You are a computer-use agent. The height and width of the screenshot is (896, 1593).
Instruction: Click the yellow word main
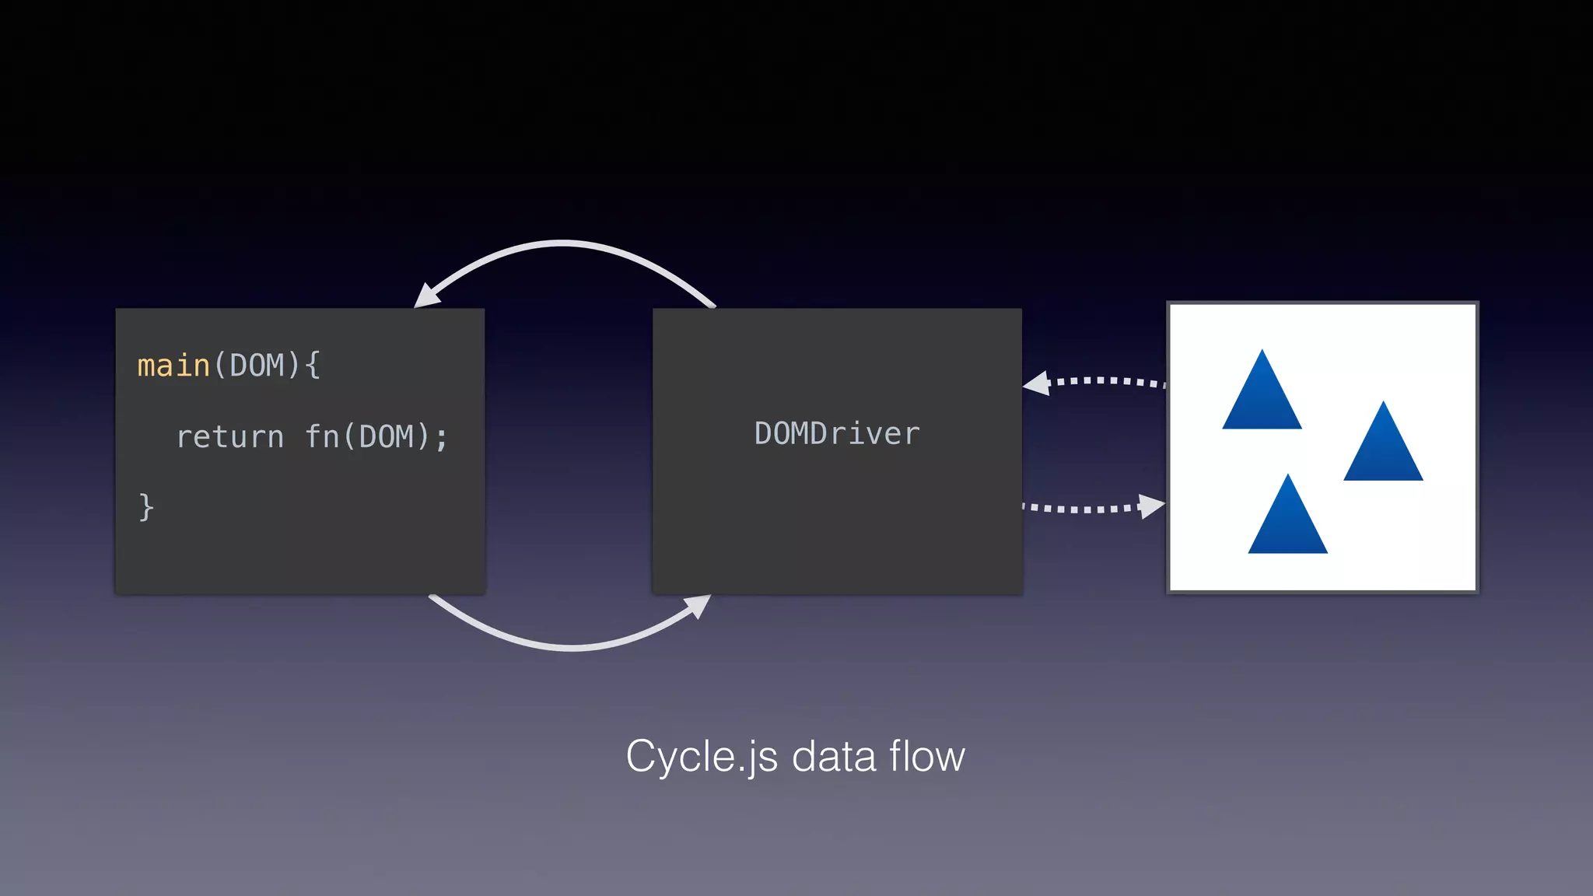click(173, 366)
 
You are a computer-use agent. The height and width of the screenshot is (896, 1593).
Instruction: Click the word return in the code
click(230, 437)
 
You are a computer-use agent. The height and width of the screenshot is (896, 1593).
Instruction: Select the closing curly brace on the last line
click(145, 507)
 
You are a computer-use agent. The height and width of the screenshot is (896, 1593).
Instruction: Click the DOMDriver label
click(837, 434)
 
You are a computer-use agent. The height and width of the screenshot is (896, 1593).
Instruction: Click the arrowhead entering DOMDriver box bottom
click(699, 604)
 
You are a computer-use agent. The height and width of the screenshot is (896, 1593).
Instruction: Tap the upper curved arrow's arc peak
click(563, 244)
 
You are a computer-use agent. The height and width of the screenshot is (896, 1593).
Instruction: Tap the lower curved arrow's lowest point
click(572, 647)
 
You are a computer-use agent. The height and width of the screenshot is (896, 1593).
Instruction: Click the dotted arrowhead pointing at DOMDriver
click(1038, 383)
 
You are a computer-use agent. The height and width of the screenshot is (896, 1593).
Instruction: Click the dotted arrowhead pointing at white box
click(1151, 506)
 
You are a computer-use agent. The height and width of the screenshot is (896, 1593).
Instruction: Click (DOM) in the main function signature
click(257, 366)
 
